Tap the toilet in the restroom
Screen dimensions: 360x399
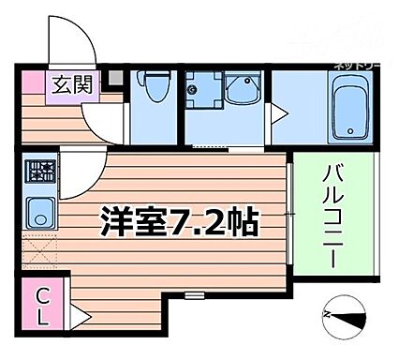click(x=155, y=89)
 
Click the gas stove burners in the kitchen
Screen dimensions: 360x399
click(x=40, y=172)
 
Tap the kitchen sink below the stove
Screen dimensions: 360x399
click(x=40, y=210)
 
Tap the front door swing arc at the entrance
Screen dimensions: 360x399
click(x=70, y=42)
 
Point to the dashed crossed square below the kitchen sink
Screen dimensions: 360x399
click(x=39, y=250)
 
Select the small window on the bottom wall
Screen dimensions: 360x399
click(x=195, y=295)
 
